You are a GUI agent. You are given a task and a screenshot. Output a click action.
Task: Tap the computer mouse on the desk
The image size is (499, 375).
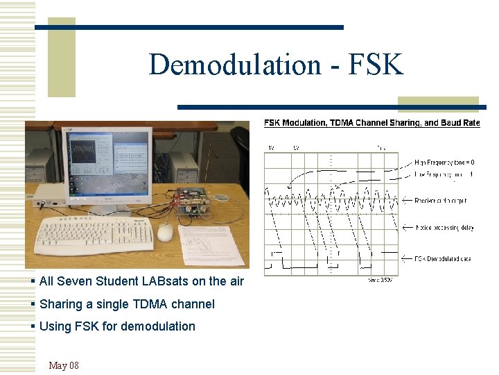coord(166,233)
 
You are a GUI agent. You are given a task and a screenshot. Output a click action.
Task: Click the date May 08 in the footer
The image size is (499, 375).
coord(64,365)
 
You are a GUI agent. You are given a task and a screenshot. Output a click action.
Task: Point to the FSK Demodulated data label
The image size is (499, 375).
coord(444,258)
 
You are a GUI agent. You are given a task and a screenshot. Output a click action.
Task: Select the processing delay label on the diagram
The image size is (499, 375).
coord(444,227)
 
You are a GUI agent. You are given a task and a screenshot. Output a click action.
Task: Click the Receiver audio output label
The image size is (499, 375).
coord(441,200)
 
